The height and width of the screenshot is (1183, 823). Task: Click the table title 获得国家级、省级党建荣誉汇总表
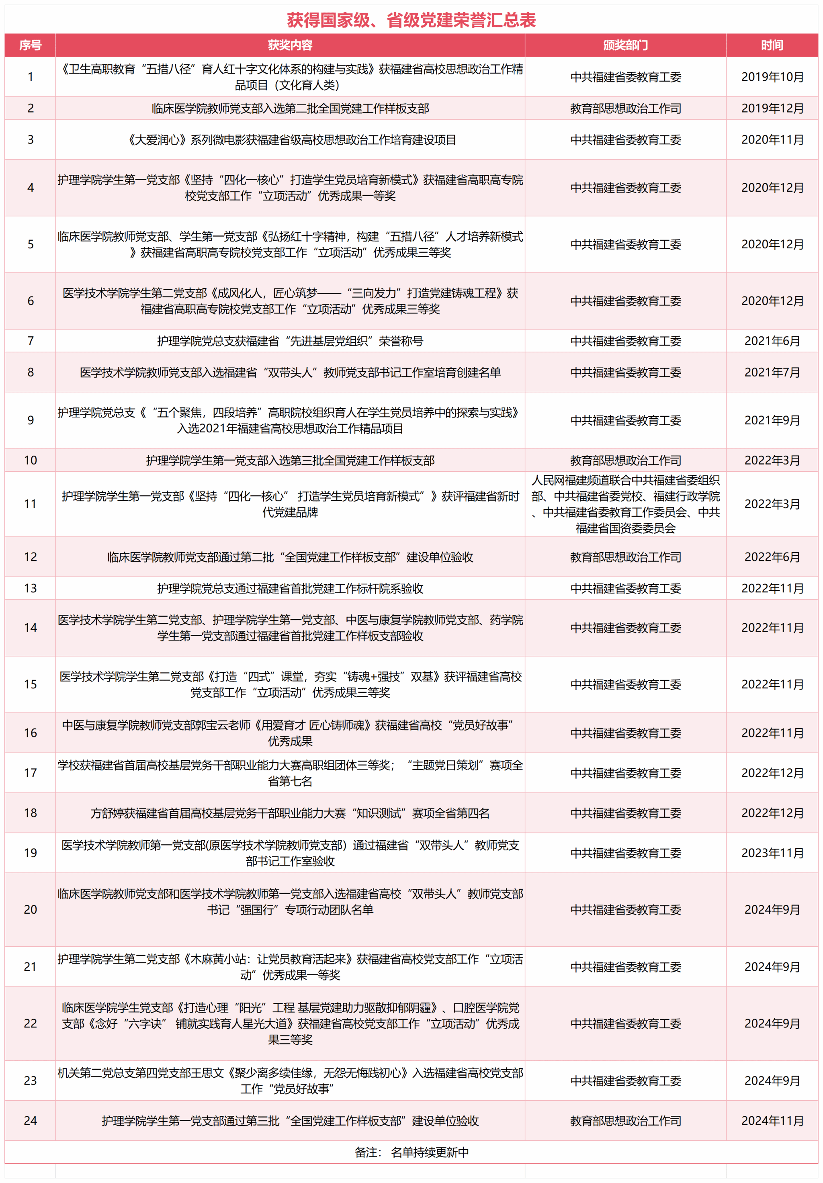[x=411, y=20]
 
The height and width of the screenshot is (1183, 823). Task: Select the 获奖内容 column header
[x=290, y=45]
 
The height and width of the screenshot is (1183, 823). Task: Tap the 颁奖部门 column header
[x=625, y=45]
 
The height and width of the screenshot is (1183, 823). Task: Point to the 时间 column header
[x=772, y=45]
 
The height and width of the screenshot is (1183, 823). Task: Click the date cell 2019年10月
[x=772, y=77]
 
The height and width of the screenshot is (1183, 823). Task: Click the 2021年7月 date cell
[x=772, y=372]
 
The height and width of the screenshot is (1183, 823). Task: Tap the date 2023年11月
[x=772, y=853]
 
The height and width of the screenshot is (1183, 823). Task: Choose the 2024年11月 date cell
[x=772, y=1120]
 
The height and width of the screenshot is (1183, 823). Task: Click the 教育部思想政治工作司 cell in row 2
[x=625, y=108]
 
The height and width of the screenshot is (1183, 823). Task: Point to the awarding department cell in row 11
[x=625, y=504]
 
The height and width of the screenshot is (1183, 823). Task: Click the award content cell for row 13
[x=290, y=588]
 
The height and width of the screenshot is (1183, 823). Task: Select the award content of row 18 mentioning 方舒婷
[x=290, y=813]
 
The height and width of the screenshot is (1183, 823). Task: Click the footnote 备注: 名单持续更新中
[x=411, y=1152]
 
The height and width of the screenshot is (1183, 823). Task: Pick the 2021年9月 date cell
[x=772, y=420]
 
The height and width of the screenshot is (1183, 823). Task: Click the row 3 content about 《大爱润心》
[x=290, y=139]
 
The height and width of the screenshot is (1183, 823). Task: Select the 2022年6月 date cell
[x=772, y=557]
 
